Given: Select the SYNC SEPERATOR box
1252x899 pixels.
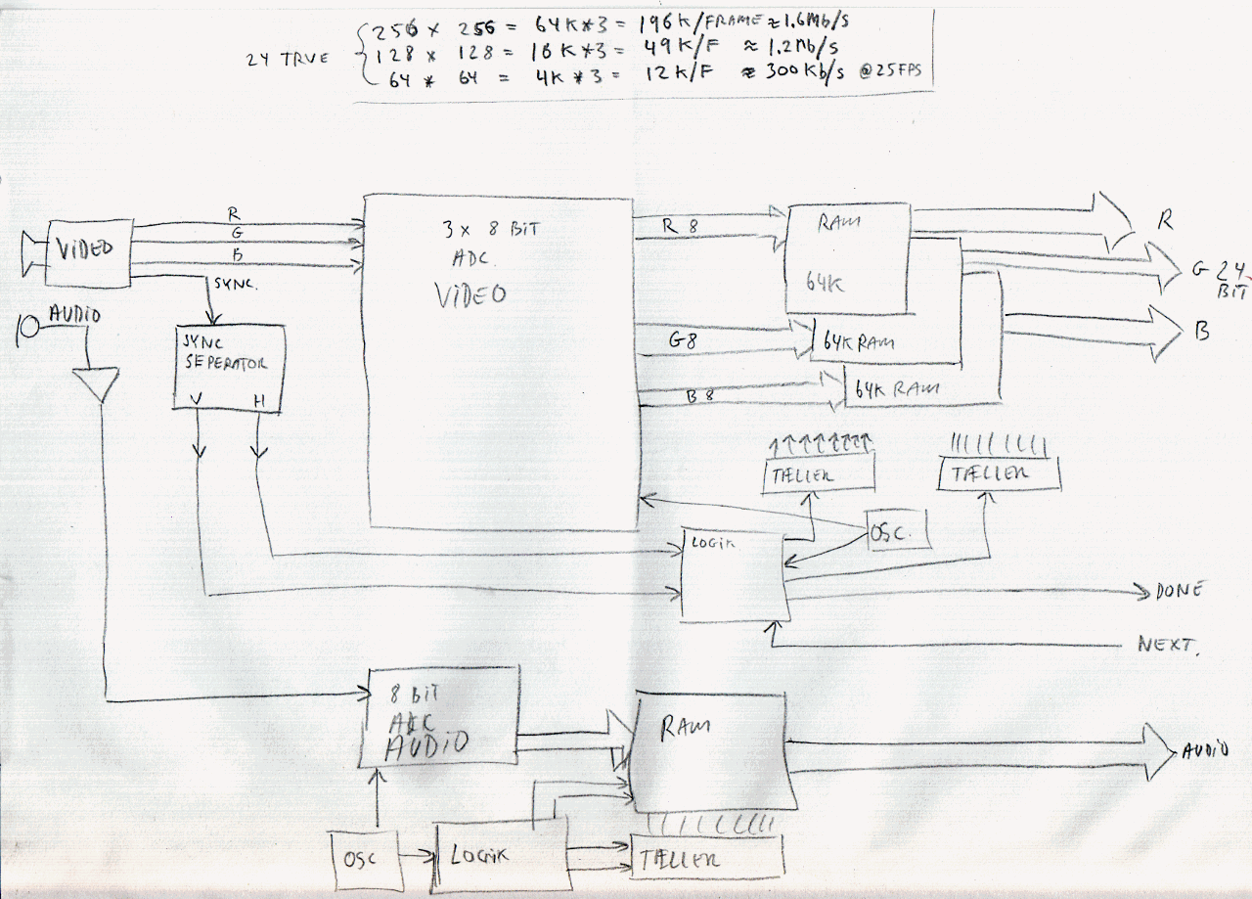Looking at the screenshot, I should pos(229,365).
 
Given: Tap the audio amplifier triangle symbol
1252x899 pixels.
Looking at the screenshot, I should pos(96,382).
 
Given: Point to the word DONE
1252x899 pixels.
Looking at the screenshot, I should pos(1178,590).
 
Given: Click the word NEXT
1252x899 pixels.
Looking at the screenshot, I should pos(1165,645).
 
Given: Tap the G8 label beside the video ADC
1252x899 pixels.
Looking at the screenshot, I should pos(684,339).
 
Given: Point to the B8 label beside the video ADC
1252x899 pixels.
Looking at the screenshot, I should pos(700,395).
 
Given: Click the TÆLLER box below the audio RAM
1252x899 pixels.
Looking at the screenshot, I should pos(708,858).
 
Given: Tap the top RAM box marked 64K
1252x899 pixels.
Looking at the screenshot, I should pos(848,259).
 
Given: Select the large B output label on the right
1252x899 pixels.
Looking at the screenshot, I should pos(1201,332).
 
